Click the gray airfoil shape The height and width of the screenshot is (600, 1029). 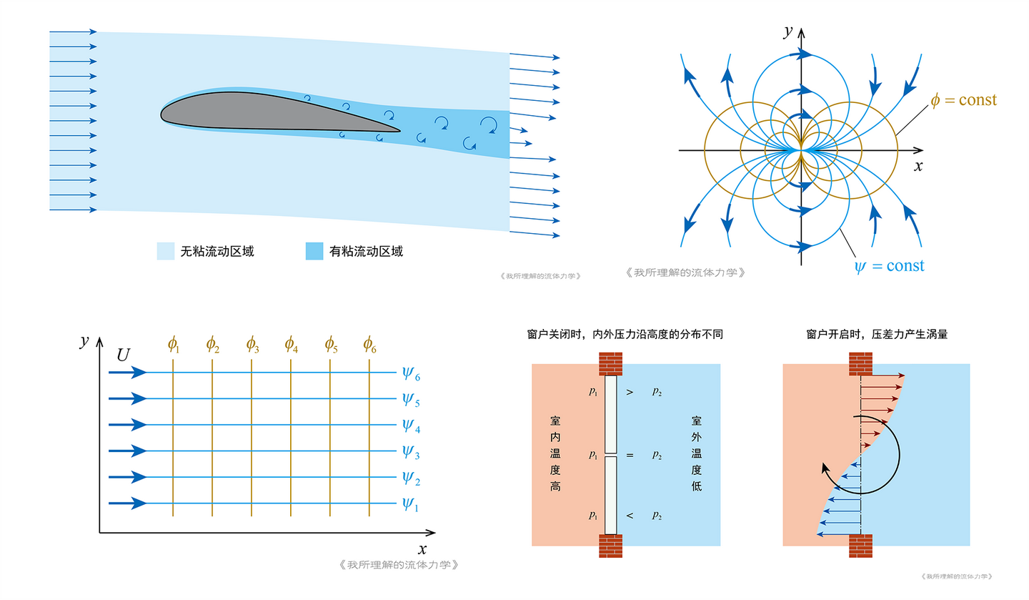[276, 113]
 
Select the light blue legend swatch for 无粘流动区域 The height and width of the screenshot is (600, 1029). [165, 251]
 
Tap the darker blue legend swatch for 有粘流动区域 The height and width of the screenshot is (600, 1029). [314, 251]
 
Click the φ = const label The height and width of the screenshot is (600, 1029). [963, 100]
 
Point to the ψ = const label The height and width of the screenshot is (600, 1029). [889, 266]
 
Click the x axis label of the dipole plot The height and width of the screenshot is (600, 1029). [918, 166]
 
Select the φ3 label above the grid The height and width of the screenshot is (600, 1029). [252, 345]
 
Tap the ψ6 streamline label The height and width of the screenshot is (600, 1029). [411, 374]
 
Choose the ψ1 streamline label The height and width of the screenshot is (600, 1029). [410, 504]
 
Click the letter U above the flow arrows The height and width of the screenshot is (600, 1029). [123, 355]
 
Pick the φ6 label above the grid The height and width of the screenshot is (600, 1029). [369, 345]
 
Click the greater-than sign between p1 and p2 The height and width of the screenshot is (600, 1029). [630, 392]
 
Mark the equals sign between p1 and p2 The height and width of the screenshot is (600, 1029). [630, 455]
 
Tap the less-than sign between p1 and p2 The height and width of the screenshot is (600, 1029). [630, 516]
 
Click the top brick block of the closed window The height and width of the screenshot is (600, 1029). [610, 364]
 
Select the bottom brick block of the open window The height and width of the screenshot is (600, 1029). [860, 546]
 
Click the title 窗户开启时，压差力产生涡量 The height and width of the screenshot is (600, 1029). [877, 334]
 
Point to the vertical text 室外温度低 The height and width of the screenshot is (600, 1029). [697, 454]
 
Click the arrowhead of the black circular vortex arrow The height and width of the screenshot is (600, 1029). [825, 469]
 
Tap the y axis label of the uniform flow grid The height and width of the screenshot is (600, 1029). [84, 341]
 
